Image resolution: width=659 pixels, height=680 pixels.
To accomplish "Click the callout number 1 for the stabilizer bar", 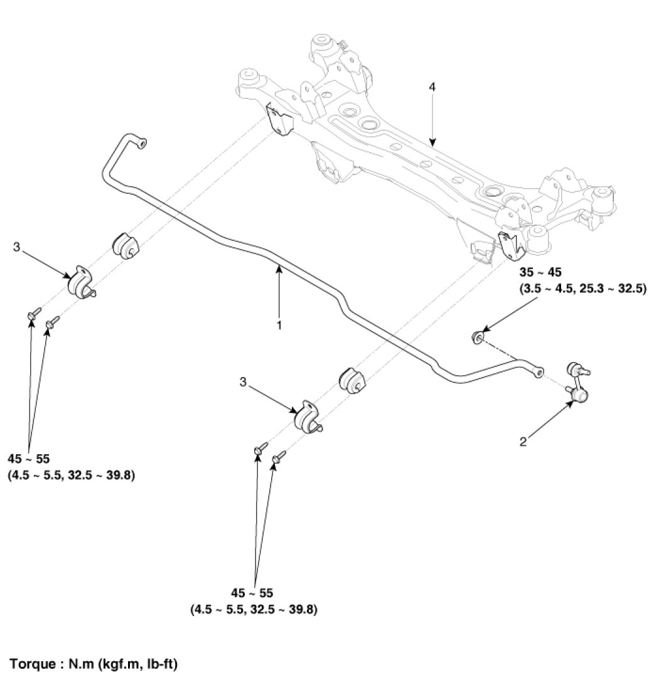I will pos(279,326).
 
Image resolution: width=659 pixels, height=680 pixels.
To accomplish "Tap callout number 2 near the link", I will pos(523,442).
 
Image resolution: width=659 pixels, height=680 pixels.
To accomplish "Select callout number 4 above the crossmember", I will pos(431,88).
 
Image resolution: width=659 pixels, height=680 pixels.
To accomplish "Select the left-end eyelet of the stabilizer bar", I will pos(141,144).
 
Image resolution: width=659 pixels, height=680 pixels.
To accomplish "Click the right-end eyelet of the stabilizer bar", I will pos(537,373).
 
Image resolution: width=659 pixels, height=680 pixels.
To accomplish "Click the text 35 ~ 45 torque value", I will pos(540,272).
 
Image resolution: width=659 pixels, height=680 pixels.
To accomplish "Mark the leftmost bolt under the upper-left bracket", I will pos(33,313).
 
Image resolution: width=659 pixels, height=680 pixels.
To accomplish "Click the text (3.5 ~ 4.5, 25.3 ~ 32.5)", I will pos(583,290).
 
